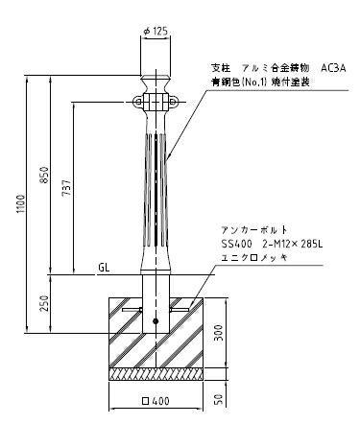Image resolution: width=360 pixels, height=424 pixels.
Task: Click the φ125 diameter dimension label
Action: click(156, 32)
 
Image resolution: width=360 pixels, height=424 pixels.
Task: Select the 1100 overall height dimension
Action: click(21, 204)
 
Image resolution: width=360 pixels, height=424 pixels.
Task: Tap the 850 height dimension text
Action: click(45, 175)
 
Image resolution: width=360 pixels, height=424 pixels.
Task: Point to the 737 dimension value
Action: click(66, 188)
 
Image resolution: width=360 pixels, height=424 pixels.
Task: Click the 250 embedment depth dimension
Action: click(45, 304)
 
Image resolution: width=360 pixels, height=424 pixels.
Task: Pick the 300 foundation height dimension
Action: click(219, 333)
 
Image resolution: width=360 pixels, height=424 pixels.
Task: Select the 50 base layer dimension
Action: click(219, 399)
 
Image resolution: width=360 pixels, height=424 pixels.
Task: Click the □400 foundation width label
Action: click(156, 401)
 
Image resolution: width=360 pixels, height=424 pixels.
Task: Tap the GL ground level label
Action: click(104, 268)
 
